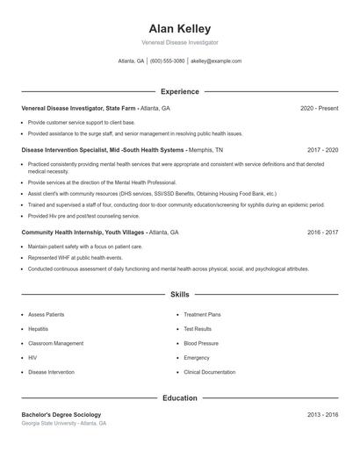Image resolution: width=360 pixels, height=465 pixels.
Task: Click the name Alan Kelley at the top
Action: pos(180,29)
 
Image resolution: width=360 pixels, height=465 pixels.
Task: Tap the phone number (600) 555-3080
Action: pos(167,61)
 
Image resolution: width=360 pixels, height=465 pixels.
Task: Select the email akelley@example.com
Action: pos(216,61)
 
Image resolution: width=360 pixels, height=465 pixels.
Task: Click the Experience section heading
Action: pos(180,91)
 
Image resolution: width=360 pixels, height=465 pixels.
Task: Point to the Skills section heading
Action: pos(180,295)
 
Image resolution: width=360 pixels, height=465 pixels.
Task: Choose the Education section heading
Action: pos(180,398)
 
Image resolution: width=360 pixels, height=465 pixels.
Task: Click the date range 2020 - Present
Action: pos(319,108)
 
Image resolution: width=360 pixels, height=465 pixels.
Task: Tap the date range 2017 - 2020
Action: pos(322,150)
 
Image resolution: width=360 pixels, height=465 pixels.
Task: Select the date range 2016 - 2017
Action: pos(322,232)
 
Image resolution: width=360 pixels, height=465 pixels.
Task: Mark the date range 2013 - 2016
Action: pos(322,414)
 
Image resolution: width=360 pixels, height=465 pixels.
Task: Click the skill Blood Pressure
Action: pos(201,343)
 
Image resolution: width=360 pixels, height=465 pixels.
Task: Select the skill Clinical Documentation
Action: pos(209,372)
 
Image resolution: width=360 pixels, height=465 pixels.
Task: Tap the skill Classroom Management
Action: pos(56,343)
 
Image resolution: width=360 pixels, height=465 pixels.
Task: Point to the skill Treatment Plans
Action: pos(202,314)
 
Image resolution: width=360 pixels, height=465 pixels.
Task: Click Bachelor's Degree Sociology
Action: pos(61,414)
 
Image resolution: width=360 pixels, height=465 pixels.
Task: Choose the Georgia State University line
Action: pos(64,423)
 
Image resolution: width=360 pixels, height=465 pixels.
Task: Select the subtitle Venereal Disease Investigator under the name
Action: pos(180,42)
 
